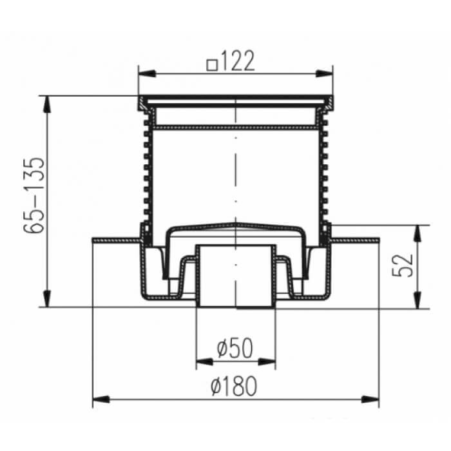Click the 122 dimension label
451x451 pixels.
click(238, 61)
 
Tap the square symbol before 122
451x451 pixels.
click(212, 64)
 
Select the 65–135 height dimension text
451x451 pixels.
click(34, 195)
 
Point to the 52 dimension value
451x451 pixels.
click(403, 265)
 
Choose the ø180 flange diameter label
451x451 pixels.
click(233, 387)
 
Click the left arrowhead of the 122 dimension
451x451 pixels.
click(148, 73)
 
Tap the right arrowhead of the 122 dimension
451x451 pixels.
click(324, 73)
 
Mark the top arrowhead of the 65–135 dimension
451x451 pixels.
click(46, 104)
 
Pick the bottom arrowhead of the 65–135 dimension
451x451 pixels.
click(46, 299)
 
